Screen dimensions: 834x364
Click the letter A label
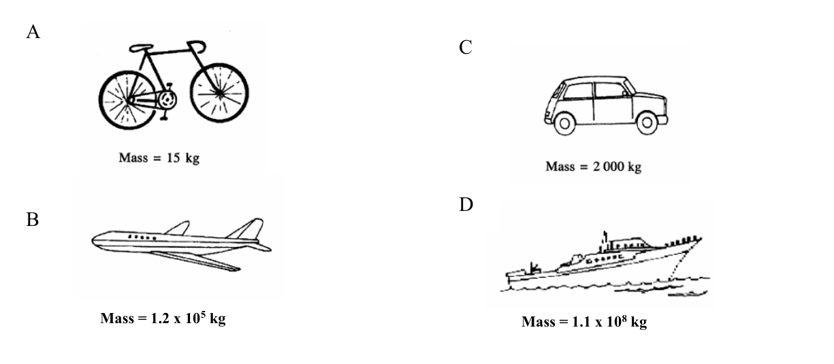point(33,31)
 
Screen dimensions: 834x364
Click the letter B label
point(33,219)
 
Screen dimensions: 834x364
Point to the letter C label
point(466,47)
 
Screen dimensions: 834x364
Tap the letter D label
point(466,204)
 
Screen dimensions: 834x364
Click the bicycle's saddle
point(141,48)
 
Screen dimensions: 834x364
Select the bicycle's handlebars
point(197,46)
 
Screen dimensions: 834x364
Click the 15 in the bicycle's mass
point(173,158)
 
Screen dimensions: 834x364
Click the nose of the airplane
point(93,240)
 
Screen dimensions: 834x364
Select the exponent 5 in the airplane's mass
point(203,314)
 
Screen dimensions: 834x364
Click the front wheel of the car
point(647,122)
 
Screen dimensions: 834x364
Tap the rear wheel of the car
point(564,124)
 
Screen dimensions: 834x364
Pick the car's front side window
point(610,90)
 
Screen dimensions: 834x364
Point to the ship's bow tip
point(701,238)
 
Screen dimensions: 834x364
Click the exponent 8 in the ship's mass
point(624,318)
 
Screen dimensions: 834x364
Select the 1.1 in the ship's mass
point(581,322)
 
